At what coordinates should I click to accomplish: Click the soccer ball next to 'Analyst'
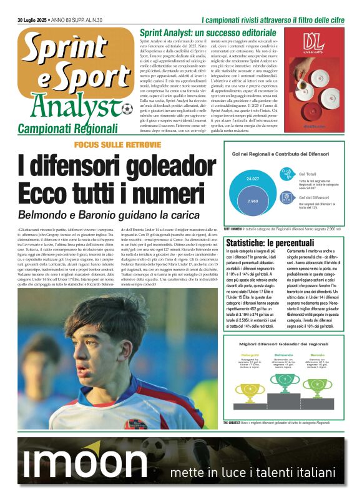point(127,109)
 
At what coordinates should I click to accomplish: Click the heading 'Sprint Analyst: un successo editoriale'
point(207,32)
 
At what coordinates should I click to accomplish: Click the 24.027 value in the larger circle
point(253,178)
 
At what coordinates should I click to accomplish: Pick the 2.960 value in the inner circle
point(253,201)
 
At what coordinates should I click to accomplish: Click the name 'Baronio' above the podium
point(318,355)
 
